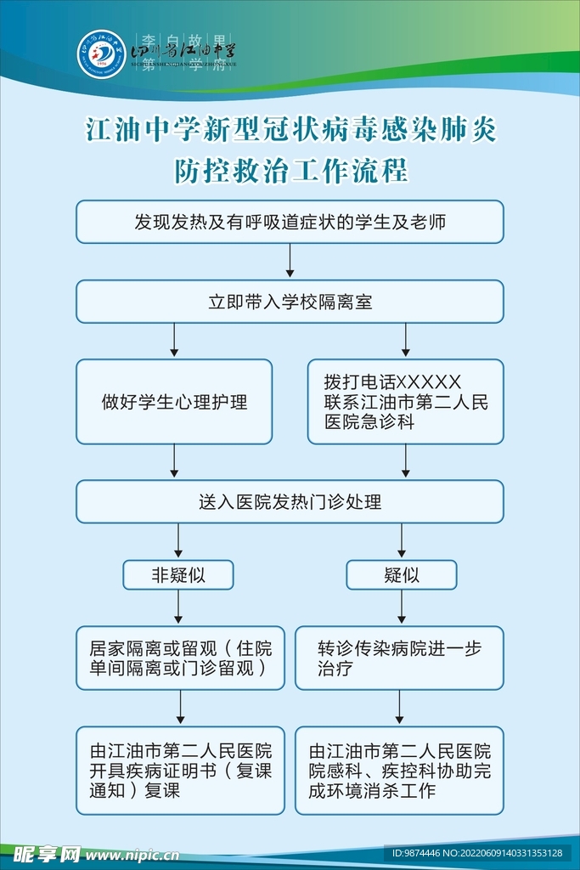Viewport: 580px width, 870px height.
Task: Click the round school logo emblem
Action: [102, 53]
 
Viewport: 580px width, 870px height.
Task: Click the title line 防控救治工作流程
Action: [290, 171]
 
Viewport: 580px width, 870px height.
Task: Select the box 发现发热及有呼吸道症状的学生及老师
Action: [290, 223]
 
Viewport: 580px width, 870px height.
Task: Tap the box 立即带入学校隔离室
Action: [290, 302]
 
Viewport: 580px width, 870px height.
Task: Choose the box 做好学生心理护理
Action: [174, 402]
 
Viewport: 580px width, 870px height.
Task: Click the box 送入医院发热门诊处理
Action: [290, 501]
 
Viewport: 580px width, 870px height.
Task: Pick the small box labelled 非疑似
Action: [178, 575]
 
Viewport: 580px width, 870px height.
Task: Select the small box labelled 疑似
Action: [401, 575]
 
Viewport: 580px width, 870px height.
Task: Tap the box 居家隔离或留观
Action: [180, 658]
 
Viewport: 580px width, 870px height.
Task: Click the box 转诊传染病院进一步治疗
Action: [399, 658]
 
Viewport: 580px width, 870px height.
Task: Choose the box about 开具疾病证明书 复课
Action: [180, 771]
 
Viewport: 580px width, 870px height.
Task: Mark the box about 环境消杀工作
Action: [399, 771]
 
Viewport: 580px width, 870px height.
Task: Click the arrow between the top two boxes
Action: [290, 262]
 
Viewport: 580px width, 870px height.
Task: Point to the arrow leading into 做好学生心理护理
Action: [174, 342]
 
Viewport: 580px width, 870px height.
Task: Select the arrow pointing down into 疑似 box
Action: [401, 541]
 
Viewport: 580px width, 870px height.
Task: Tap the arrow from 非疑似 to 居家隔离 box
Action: [178, 608]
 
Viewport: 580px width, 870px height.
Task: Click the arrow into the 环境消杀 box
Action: [399, 708]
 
